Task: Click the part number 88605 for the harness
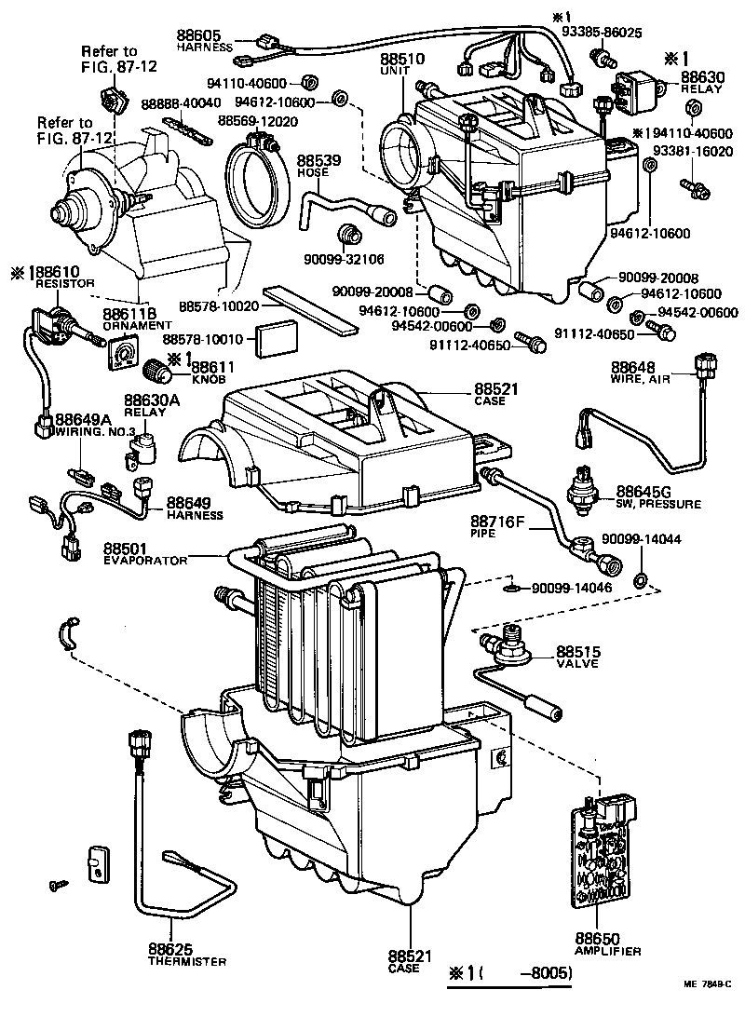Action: [x=197, y=34]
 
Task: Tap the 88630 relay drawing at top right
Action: [x=633, y=87]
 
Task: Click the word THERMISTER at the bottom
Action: [x=186, y=961]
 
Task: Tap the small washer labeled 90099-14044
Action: [x=641, y=582]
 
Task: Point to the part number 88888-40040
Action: [x=181, y=102]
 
